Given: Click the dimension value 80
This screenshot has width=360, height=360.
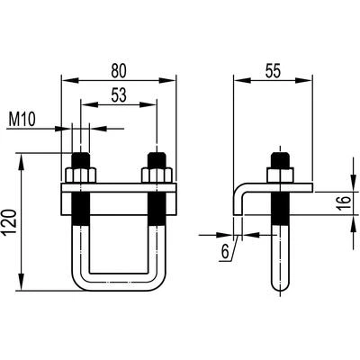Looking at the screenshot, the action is [x=119, y=71].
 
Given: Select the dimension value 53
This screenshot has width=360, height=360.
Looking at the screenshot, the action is [x=119, y=95].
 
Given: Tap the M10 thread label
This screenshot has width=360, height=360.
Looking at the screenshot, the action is [x=22, y=120].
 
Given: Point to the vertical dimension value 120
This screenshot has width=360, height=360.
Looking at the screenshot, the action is [x=10, y=222].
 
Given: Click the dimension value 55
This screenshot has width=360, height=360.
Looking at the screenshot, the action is [x=273, y=71].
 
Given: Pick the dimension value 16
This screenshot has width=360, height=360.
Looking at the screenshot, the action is [x=344, y=203].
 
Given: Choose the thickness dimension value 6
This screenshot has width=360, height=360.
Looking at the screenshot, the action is [x=225, y=251].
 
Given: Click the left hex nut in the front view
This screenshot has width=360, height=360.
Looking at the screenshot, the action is [x=80, y=175].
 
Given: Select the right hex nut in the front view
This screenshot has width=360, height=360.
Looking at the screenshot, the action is [x=157, y=175].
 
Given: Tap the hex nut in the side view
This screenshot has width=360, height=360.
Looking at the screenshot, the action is [x=280, y=175].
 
